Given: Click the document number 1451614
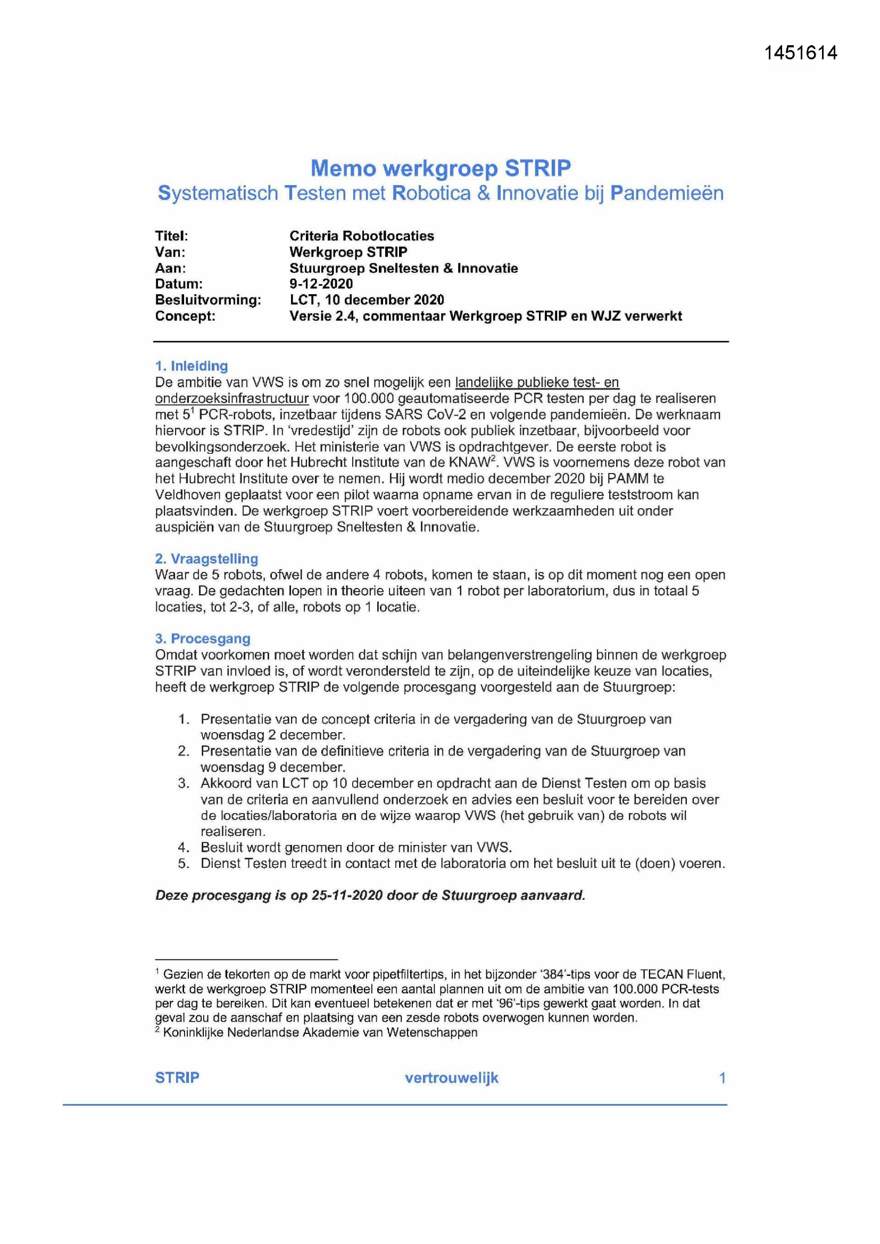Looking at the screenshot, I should pos(800,53).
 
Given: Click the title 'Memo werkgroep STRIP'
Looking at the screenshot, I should pos(441,168).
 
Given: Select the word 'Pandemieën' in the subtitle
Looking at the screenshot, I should pos(667,193).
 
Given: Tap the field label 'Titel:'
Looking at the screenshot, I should pos(171,236).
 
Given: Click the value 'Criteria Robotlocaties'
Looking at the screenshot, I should pos(361,236).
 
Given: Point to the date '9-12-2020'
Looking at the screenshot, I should pos(321,284).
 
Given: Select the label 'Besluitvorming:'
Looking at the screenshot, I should pos(208,300).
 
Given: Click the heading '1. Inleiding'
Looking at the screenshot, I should pos(192,366).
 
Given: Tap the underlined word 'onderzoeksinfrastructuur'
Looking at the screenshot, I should pos(232,398).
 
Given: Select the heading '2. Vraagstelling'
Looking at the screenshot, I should pos(206,559).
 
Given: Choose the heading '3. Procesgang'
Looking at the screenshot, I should pos(203,639).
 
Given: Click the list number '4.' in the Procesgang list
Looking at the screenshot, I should pos(184,848).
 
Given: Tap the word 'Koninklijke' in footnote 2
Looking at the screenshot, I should pos(193,1032).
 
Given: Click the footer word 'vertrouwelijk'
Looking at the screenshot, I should pos(451,1077).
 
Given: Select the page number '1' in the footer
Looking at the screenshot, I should pos(722,1077).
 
